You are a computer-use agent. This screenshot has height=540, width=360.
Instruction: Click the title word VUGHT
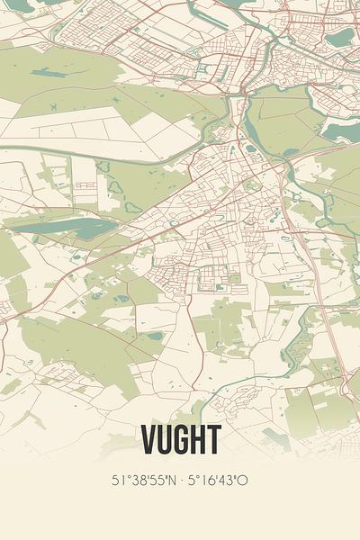pos(180,440)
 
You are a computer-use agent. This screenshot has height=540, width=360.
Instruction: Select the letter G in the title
pos(180,440)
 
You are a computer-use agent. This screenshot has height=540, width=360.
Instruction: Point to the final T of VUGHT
pos(212,440)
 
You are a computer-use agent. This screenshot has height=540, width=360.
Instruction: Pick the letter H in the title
pos(197,440)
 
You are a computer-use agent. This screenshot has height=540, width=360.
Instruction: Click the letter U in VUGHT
pos(164,440)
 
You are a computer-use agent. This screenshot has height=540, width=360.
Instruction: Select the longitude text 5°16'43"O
pos(218,480)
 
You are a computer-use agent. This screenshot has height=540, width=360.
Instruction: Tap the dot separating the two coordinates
pos(181,480)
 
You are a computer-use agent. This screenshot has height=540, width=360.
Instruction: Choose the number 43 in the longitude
pos(229,480)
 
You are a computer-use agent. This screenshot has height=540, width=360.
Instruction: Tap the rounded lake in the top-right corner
pos(339,38)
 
